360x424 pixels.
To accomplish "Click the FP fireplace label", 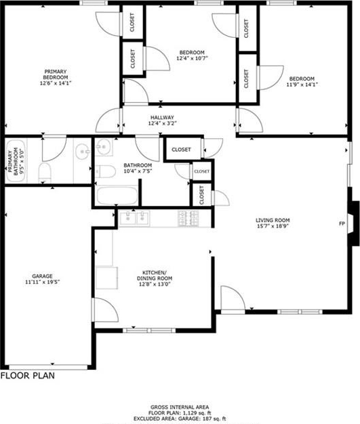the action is click(x=342, y=224).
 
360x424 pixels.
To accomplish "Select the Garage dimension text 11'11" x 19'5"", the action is click(x=42, y=282).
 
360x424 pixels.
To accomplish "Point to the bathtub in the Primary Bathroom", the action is click(x=16, y=161).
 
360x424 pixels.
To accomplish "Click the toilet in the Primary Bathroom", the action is click(x=45, y=172).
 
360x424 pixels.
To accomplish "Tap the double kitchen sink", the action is click(x=134, y=218).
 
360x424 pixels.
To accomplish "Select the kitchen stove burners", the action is click(x=188, y=218).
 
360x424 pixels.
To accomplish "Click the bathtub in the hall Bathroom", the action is click(x=117, y=196).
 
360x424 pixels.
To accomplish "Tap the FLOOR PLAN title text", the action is click(x=28, y=376).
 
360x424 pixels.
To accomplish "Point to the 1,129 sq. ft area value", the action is click(x=197, y=413).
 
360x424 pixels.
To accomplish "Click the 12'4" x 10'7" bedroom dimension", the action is click(x=192, y=58).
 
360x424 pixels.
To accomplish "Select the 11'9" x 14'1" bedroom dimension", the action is click(x=302, y=85).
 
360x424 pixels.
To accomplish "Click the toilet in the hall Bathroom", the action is click(x=106, y=171).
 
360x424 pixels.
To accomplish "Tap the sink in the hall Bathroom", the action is click(x=104, y=146).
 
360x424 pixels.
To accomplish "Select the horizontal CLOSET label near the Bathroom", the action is click(x=181, y=150).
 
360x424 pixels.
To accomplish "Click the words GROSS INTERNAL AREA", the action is click(x=180, y=407).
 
